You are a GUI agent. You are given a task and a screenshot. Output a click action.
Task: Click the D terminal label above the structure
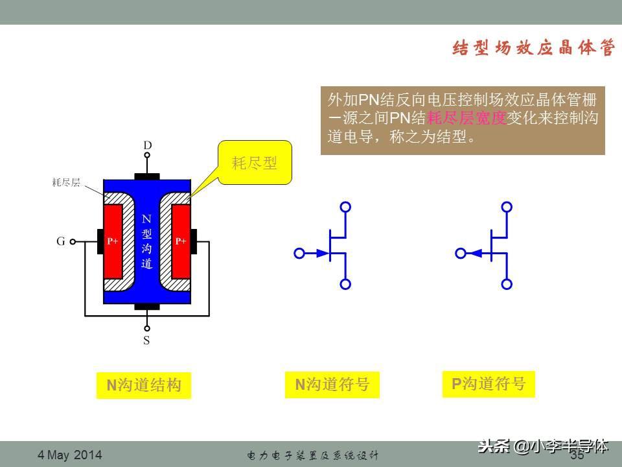tap(147, 146)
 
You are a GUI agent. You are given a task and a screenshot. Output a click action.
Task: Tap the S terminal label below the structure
tap(147, 340)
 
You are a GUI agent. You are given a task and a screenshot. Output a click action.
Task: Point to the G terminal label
tap(60, 241)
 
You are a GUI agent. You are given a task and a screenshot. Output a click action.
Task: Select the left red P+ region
tap(114, 241)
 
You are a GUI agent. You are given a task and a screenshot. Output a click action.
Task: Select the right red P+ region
tap(181, 241)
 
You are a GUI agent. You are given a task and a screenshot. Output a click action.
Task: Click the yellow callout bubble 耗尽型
tap(255, 163)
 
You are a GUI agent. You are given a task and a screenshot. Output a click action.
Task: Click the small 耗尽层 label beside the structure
tap(66, 183)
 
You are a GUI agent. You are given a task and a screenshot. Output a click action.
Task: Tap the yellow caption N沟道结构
tap(144, 386)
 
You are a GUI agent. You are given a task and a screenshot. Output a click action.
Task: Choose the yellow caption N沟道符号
tap(332, 385)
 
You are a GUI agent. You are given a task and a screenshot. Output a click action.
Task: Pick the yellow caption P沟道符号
tap(489, 384)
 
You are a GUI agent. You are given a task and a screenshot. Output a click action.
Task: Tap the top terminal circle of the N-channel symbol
tap(346, 207)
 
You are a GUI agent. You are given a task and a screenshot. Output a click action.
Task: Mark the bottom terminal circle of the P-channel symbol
tap(507, 284)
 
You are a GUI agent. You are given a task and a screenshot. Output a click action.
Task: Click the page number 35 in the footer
tap(577, 455)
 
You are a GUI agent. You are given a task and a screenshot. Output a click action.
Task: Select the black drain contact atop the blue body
tap(147, 176)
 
